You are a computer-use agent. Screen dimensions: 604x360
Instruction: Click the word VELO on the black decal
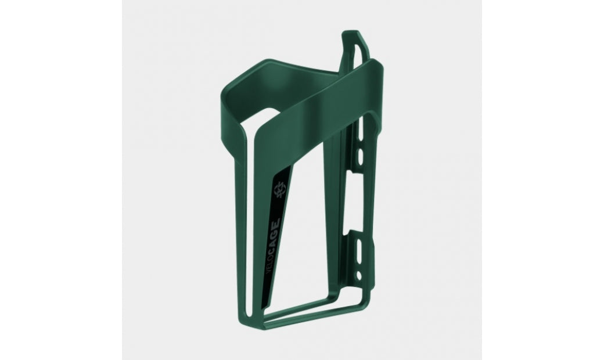pos(270,262)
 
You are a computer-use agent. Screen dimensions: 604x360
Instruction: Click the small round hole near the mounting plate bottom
pos(359,275)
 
